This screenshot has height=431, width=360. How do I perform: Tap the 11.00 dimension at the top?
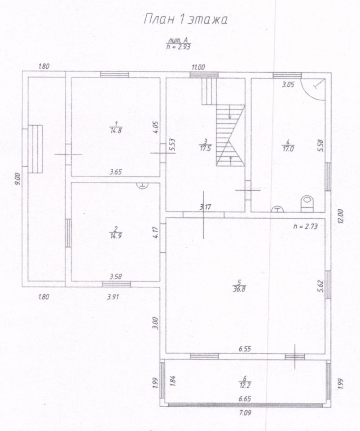198,67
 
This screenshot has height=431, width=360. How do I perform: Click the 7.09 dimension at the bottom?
245,413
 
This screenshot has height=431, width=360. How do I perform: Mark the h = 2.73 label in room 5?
305,227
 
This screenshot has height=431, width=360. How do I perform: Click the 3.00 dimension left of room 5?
154,323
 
